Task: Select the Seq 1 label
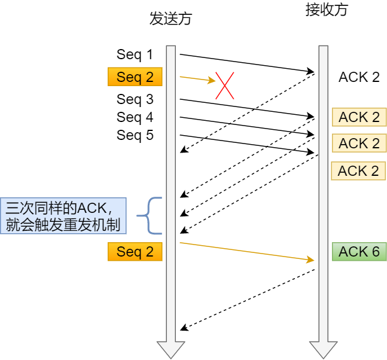[135, 55]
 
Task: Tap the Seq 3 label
[135, 99]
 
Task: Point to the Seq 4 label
[135, 117]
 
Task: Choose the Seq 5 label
[135, 135]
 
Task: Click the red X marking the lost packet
[225, 86]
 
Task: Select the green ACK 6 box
[359, 252]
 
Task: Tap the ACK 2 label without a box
[359, 77]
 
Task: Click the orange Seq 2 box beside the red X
[135, 77]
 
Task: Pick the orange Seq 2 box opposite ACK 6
[135, 252]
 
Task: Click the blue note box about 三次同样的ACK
[63, 216]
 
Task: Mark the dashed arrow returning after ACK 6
[246, 299]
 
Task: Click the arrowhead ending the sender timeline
[170, 349]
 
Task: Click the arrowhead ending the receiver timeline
[323, 349]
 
